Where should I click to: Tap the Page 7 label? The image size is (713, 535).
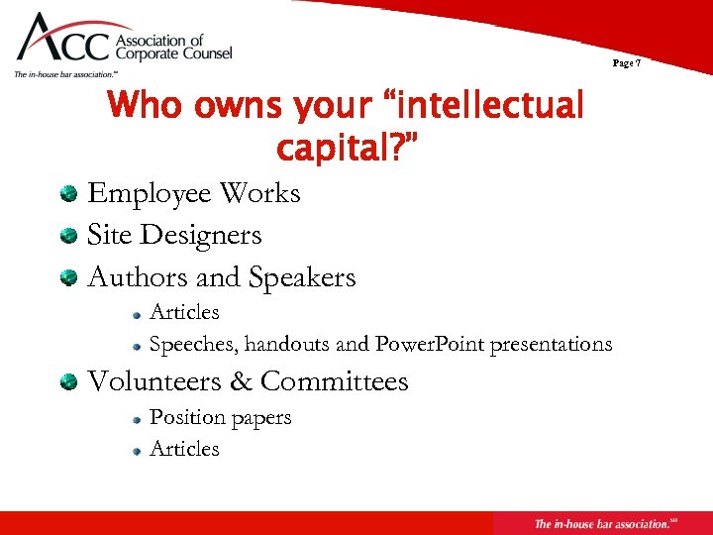[627, 63]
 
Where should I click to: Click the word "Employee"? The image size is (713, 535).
[150, 193]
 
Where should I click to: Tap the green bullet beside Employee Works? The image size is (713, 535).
[68, 193]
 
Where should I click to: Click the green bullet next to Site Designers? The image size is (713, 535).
[68, 236]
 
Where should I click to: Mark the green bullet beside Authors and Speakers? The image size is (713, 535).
[68, 278]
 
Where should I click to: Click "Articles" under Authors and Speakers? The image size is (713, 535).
[184, 312]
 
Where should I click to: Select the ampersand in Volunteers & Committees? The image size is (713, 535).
[243, 381]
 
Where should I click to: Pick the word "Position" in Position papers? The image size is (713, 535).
[186, 417]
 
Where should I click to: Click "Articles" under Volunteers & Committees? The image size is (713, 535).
[184, 449]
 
